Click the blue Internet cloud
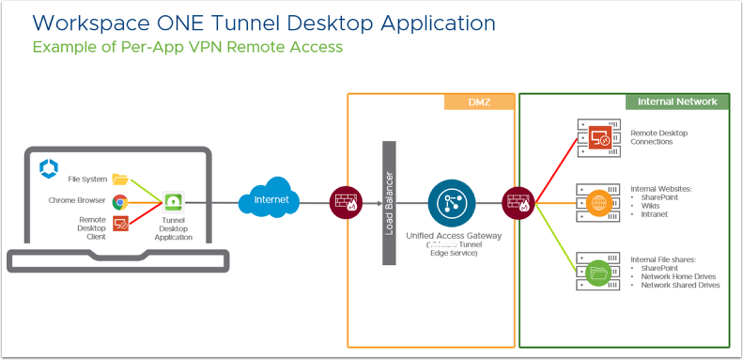pyautogui.click(x=270, y=200)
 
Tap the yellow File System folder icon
pyautogui.click(x=119, y=179)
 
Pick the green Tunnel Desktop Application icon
pyautogui.click(x=174, y=201)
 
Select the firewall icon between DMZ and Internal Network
pyautogui.click(x=518, y=200)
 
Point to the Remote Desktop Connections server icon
pyautogui.click(x=596, y=138)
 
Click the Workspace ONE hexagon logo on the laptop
pyautogui.click(x=50, y=167)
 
